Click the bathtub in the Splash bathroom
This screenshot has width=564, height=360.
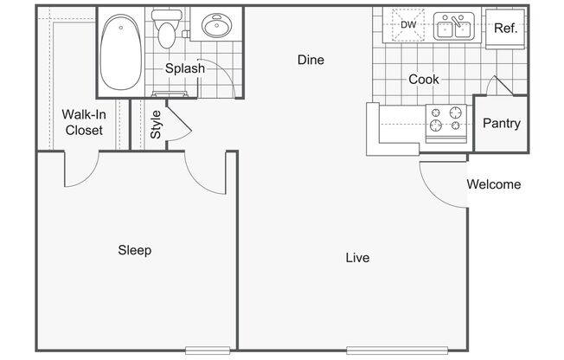121,52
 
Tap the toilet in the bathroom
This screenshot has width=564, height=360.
167,29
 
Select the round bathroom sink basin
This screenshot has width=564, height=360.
217,25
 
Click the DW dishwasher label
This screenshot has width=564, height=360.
408,25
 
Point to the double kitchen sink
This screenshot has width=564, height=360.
454,26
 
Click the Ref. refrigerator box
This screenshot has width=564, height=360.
505,29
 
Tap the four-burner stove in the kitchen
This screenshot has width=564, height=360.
446,123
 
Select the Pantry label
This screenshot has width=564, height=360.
502,124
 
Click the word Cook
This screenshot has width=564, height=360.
424,80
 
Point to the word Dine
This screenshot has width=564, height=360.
311,60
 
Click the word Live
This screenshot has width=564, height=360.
357,258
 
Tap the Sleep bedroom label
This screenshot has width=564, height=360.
135,251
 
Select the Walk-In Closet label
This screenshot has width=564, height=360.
84,122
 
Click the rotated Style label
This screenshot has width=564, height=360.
156,125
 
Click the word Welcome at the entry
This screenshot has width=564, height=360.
494,184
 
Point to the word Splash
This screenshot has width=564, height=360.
185,68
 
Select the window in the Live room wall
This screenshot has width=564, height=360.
397,350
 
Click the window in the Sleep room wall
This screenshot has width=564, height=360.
208,350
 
